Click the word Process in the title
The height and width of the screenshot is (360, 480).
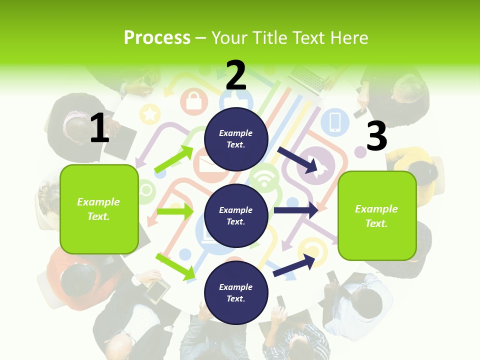157,37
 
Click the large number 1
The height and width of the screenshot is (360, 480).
99,128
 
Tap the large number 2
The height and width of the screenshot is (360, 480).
236,75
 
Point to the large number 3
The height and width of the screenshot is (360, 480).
376,136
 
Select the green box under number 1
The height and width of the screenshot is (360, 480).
99,209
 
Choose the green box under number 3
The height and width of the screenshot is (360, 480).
377,215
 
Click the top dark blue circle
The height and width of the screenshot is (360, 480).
236,139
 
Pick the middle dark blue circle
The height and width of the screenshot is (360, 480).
236,215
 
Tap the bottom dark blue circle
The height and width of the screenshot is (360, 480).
236,292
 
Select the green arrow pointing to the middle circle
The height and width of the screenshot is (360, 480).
174,211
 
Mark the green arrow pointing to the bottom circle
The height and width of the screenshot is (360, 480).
175,266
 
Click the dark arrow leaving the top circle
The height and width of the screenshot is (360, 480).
298,159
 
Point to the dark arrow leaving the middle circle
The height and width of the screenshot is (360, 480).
296,210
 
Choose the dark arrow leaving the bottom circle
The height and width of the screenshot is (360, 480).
295,264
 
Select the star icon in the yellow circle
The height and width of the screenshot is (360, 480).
149,114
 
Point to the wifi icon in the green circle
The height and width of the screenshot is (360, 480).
264,177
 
